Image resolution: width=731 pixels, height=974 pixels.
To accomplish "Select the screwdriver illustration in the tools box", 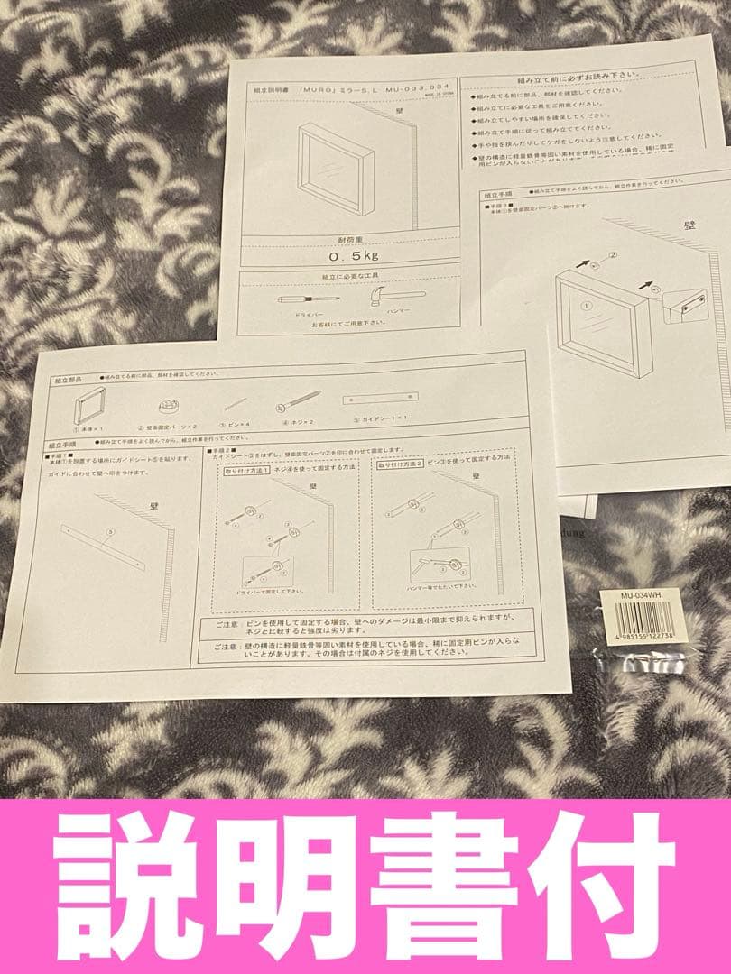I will click(306, 299).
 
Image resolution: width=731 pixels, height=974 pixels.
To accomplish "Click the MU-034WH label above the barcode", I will click(635, 595).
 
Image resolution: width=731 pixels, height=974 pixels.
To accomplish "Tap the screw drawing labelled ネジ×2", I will click(303, 402).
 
